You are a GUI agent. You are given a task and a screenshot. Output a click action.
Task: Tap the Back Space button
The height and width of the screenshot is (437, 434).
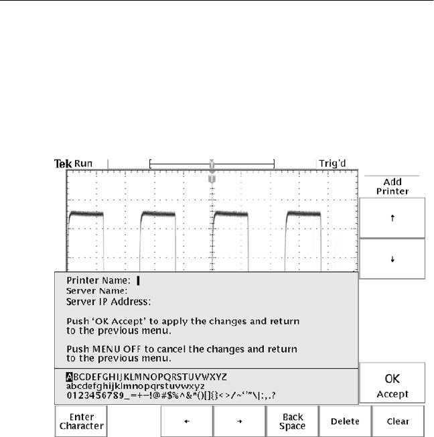pos(293,422)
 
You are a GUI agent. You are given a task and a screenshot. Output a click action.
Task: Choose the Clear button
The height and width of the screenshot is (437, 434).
pos(397,422)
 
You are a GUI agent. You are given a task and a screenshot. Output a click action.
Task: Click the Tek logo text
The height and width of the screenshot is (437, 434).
pos(62,164)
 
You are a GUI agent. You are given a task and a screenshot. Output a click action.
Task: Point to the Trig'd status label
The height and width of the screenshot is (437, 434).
pos(333,163)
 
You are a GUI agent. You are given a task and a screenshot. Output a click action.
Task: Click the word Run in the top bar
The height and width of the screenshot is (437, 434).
pos(83,164)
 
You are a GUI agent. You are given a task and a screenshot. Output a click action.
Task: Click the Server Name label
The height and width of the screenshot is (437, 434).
pos(97,292)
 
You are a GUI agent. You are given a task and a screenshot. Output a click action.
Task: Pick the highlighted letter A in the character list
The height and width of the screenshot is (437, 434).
pos(70,377)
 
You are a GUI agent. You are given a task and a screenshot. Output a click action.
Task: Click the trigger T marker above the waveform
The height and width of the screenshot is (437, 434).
pos(212,179)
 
